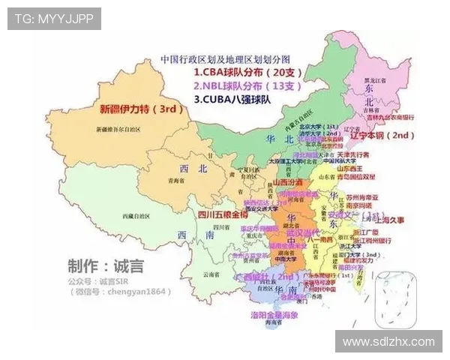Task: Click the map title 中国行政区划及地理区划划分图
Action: click(225, 58)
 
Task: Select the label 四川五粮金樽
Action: click(223, 214)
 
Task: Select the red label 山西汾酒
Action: click(287, 182)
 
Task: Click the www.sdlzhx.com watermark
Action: click(388, 341)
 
